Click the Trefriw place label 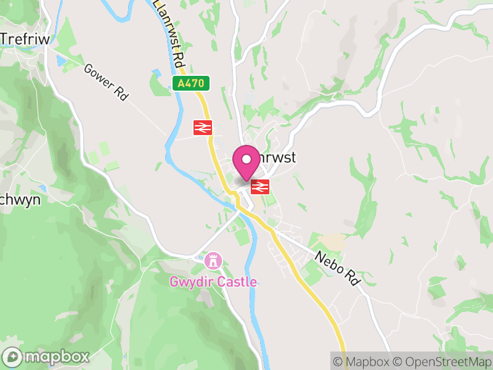tap(25, 38)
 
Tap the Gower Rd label tap(105, 83)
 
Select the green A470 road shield tap(191, 83)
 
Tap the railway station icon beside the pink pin tap(260, 186)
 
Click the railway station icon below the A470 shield tap(203, 127)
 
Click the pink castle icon tap(213, 261)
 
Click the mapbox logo tap(46, 356)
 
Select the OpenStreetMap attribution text tap(442, 361)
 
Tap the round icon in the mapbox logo tap(12, 356)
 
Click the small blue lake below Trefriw tap(60, 61)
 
